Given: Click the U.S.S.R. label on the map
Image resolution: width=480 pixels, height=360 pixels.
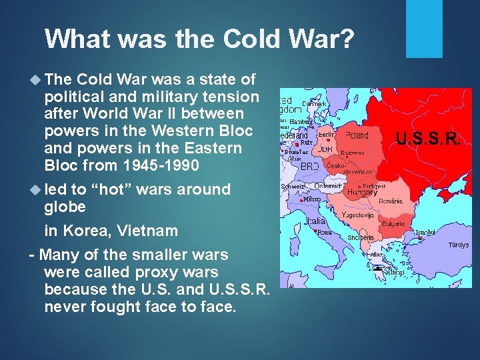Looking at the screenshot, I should coord(427,139).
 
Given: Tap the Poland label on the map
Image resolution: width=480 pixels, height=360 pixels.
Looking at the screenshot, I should coord(356,135).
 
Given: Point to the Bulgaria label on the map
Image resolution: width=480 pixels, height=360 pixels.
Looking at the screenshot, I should coord(393,225).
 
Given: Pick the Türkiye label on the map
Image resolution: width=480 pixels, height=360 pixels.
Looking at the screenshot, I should coord(458,245).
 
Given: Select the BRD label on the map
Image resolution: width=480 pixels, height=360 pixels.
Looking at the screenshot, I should coord(309,166).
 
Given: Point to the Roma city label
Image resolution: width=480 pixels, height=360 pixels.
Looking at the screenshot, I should coord(325,233).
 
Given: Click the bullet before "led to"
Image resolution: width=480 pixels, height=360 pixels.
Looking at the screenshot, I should coord(35,189).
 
